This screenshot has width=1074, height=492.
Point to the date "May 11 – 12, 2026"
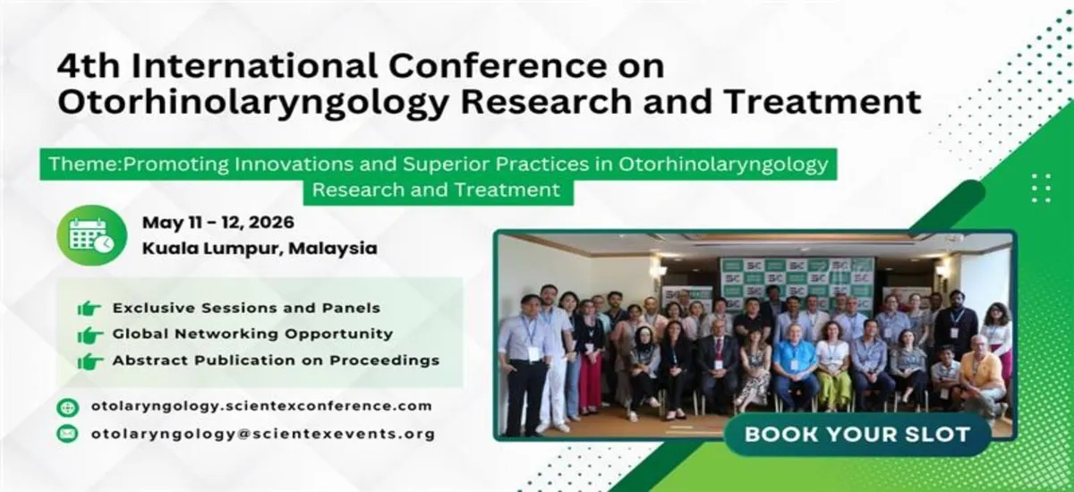tap(217, 222)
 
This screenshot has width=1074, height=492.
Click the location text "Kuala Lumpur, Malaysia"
tap(259, 249)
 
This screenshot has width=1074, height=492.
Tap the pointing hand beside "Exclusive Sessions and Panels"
tap(89, 309)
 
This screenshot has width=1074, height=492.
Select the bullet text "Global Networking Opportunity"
tap(252, 335)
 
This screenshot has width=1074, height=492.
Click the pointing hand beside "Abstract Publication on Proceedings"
tap(89, 361)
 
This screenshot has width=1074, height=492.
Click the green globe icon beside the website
tap(67, 407)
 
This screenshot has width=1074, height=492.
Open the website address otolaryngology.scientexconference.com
tap(261, 406)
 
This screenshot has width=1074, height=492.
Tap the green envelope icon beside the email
tap(67, 435)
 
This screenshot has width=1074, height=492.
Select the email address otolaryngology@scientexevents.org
tap(262, 434)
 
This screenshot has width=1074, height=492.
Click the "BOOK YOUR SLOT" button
tap(857, 436)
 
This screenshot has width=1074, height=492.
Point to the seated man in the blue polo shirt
tap(795, 367)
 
